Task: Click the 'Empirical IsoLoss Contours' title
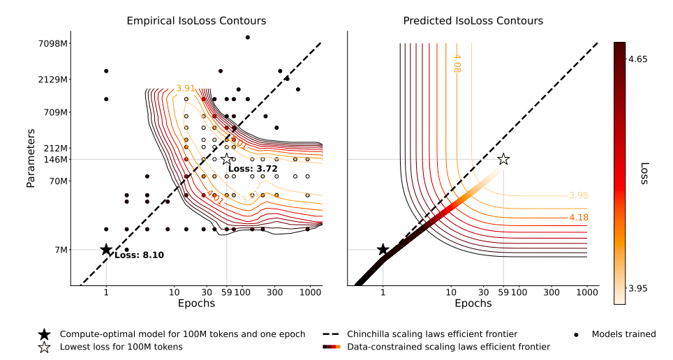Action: tap(196, 21)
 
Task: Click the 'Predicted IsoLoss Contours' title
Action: tap(473, 21)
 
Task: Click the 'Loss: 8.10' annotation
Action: tap(139, 255)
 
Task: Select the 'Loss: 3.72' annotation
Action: tap(253, 169)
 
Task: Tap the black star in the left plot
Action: tap(106, 250)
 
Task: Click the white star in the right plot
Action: tap(503, 159)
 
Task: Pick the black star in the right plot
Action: tap(383, 250)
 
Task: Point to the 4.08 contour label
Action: tap(458, 63)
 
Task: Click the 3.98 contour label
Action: tap(578, 195)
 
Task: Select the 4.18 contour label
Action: tap(578, 218)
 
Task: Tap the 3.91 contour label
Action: tap(185, 89)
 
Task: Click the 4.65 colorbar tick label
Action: tap(637, 59)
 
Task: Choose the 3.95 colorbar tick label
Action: tap(637, 288)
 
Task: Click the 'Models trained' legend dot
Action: tap(576, 334)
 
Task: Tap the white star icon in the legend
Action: tap(45, 347)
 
